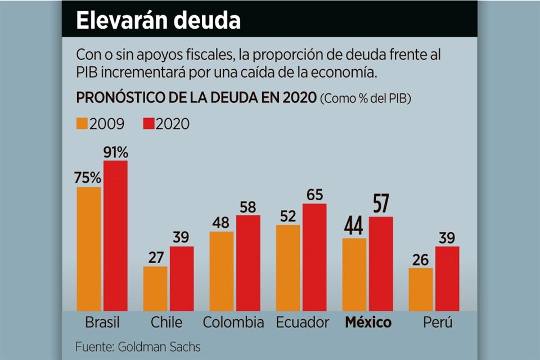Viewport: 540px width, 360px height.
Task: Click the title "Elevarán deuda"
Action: pos(159,21)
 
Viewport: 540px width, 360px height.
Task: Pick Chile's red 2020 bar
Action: pos(182,278)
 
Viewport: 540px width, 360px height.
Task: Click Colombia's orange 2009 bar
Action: pos(222,271)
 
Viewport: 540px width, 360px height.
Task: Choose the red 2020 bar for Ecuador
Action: pos(314,257)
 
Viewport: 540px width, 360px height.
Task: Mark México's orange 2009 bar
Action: pos(354,274)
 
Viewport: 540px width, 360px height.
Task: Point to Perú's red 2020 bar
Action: pos(447,278)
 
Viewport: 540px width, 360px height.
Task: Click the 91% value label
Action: pos(116,152)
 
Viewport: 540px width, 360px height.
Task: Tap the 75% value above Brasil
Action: pos(88,178)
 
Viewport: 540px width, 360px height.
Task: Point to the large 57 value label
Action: pos(381,204)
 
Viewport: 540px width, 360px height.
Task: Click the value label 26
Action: pos(421,260)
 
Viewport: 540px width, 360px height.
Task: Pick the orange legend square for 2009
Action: pos(82,124)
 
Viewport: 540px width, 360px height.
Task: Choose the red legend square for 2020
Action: pos(149,124)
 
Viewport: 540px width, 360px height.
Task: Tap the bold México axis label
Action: pos(368,323)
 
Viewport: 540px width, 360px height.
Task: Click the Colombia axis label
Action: pos(233,323)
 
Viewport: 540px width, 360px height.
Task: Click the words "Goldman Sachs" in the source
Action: pos(159,346)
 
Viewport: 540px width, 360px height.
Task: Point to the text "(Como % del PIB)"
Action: pos(365,99)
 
